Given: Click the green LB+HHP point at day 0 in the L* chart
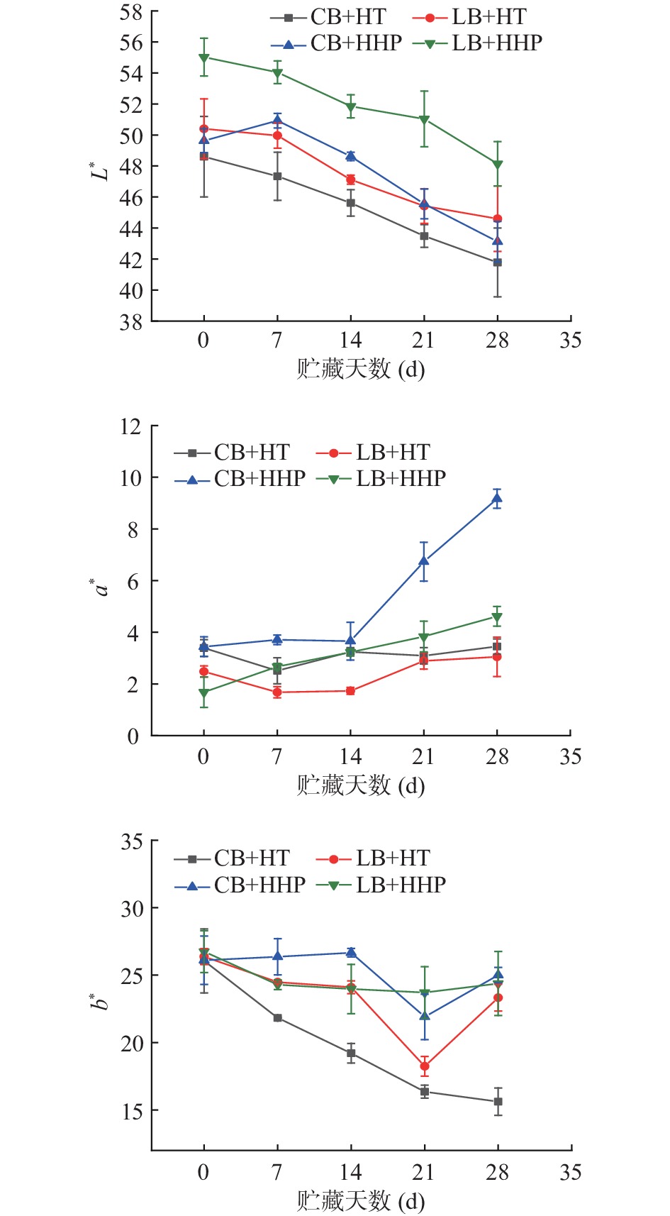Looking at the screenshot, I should click(204, 57).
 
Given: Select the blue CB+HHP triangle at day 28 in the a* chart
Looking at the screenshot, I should click(497, 498).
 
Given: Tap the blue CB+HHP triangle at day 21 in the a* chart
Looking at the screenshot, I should click(424, 561).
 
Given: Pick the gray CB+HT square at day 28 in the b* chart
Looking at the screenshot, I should click(498, 1102).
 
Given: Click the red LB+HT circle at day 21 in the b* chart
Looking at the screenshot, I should click(424, 1066).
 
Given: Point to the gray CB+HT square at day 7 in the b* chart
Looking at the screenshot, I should click(277, 1018).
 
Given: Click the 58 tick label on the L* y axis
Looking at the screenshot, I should click(130, 12).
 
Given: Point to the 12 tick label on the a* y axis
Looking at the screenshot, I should click(130, 426).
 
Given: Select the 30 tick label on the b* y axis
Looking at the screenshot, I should click(130, 909).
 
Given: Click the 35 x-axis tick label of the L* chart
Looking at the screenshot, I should click(570, 341).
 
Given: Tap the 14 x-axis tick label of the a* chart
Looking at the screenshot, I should click(350, 757).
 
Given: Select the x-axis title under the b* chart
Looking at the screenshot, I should click(361, 1201).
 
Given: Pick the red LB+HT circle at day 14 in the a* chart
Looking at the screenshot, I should click(350, 691).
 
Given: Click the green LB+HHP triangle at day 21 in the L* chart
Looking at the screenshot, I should click(424, 119).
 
